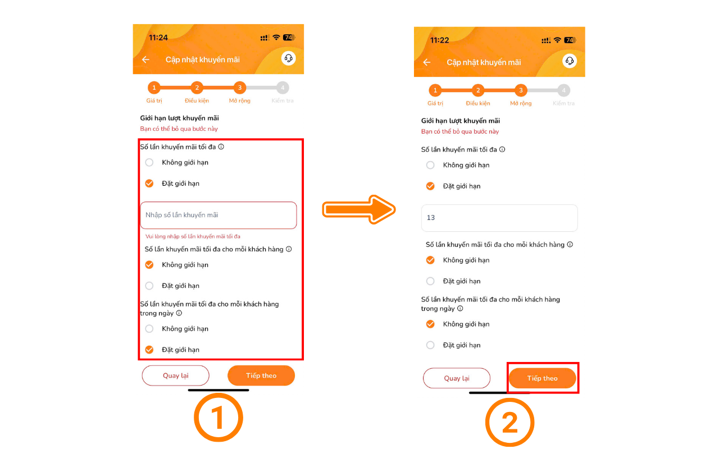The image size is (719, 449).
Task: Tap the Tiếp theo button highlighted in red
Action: click(x=543, y=378)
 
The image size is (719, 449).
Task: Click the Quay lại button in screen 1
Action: click(x=176, y=375)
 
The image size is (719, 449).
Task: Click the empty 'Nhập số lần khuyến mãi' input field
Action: click(x=219, y=215)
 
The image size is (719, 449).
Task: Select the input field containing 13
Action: click(x=499, y=218)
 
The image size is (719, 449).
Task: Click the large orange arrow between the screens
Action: click(x=359, y=209)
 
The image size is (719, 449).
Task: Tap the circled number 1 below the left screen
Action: click(x=219, y=418)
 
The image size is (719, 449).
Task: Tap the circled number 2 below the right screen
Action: click(x=509, y=422)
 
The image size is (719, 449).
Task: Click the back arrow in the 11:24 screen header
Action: click(x=145, y=59)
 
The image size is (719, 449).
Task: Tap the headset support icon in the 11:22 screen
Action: click(x=570, y=61)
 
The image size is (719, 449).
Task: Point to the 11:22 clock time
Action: click(x=439, y=40)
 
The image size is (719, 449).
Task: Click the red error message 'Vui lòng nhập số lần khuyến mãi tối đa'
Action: click(x=193, y=236)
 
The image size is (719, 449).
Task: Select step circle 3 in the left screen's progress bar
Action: click(x=239, y=88)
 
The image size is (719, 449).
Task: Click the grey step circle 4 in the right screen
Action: click(x=563, y=90)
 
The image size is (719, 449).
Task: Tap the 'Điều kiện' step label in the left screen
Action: click(x=197, y=100)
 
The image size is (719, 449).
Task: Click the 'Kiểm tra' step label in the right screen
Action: click(x=563, y=103)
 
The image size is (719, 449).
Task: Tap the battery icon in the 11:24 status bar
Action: click(x=289, y=38)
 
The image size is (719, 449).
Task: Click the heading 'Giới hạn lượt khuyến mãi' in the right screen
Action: click(x=461, y=121)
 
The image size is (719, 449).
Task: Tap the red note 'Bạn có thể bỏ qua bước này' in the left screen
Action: click(x=179, y=129)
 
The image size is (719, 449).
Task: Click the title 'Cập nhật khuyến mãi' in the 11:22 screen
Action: click(x=484, y=62)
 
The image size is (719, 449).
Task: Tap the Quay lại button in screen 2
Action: click(x=457, y=378)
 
